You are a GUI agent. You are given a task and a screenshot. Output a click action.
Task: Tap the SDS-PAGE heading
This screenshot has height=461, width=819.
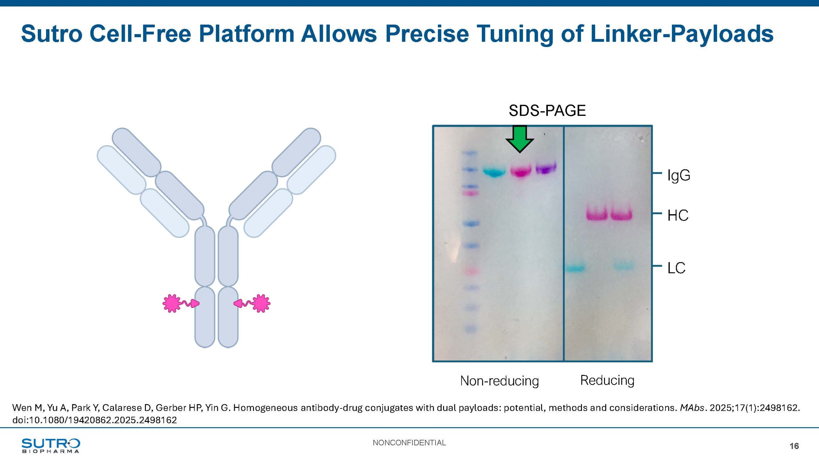click(547, 111)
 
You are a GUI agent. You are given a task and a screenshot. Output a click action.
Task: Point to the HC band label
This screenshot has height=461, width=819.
click(678, 215)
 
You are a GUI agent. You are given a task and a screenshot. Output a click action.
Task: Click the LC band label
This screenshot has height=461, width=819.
click(676, 268)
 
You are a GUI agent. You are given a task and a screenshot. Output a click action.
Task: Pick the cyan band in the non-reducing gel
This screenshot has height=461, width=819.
click(494, 172)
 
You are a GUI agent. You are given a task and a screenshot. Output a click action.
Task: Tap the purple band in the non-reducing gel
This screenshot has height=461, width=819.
click(546, 168)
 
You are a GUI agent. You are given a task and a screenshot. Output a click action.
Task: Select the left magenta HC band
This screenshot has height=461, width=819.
click(597, 214)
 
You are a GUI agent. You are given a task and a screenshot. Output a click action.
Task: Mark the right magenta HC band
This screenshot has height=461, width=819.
click(622, 214)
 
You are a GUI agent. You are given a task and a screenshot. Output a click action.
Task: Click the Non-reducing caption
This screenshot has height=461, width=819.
click(499, 381)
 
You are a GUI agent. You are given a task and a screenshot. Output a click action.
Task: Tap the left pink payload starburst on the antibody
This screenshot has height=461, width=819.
click(172, 303)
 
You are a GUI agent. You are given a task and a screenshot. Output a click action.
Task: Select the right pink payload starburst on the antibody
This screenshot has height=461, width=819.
click(261, 303)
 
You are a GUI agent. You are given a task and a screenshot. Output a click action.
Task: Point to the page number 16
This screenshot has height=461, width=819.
click(794, 446)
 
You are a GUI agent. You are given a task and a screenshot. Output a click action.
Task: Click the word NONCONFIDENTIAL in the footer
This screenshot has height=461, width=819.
click(409, 443)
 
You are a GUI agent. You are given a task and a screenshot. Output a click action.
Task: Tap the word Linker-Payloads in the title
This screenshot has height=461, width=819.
click(682, 34)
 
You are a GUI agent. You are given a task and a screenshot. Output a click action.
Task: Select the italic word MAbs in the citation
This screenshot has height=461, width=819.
click(692, 408)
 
